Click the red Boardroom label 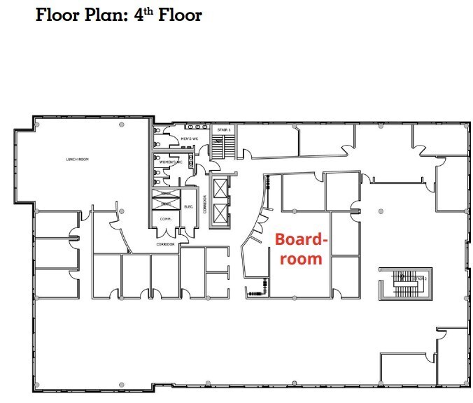click(x=301, y=248)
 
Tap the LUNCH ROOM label click(x=77, y=160)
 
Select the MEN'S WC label click(x=187, y=139)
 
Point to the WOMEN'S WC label click(x=171, y=162)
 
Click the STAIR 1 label click(x=223, y=129)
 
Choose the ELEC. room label click(x=188, y=206)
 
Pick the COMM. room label click(x=167, y=218)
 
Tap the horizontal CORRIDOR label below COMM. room click(x=167, y=244)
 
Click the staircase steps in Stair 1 click(x=225, y=147)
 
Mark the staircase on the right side click(x=404, y=281)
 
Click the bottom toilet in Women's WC click(x=157, y=181)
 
